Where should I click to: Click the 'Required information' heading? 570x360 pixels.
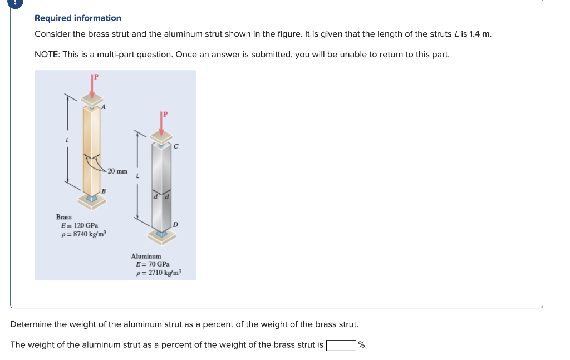tap(77, 18)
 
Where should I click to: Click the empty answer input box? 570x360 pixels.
tap(341, 345)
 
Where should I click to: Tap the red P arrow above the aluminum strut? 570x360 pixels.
tap(161, 124)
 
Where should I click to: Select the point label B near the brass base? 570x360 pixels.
tap(104, 191)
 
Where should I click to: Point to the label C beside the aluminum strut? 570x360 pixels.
tap(176, 147)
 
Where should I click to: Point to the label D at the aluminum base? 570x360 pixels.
tap(175, 224)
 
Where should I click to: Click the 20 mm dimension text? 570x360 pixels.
tap(117, 171)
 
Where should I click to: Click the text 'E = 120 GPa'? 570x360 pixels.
tap(80, 225)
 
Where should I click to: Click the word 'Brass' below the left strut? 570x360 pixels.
tap(63, 217)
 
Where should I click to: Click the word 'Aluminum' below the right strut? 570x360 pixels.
tap(146, 256)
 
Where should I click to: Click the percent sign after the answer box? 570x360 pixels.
tap(362, 345)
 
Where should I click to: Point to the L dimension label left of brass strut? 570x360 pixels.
tap(67, 140)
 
